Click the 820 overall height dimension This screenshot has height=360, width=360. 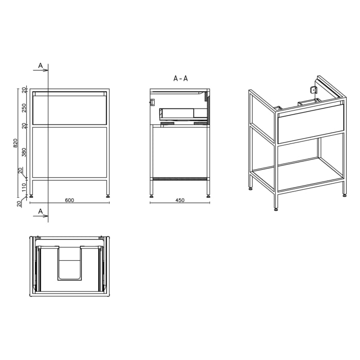point(15,142)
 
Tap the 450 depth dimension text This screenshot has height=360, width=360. point(179,201)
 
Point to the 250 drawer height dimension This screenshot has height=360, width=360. point(24,108)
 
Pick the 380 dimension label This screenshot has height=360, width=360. point(24,152)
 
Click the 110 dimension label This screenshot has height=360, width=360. point(24,188)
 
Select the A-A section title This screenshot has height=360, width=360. point(181,79)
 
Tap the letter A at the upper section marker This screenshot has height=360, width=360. point(40,66)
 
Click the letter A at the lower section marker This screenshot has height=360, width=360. point(40,211)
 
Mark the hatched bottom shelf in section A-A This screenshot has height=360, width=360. point(180,178)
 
